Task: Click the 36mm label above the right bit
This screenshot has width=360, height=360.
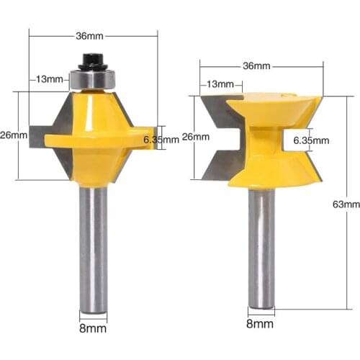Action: click(256, 66)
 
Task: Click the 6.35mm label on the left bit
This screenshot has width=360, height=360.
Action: click(161, 140)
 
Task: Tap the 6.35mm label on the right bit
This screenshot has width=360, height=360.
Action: click(312, 140)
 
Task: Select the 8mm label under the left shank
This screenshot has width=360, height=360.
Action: click(93, 328)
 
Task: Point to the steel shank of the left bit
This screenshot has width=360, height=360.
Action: click(93, 245)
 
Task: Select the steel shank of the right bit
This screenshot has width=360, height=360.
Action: click(261, 245)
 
